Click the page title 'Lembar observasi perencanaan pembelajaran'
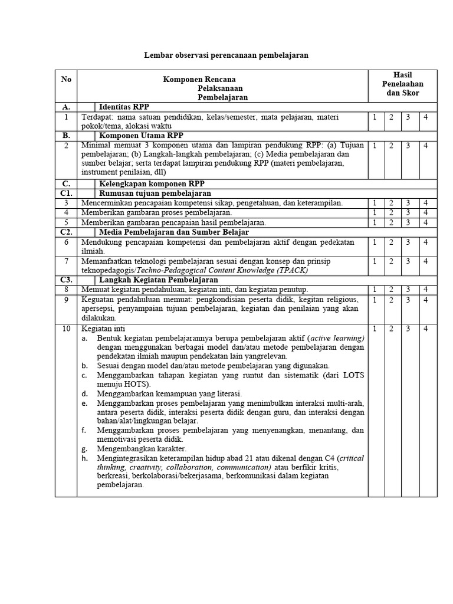coord(226,55)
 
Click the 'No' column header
coord(65,79)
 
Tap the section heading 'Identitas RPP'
coord(124,107)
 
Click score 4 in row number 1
coord(427,117)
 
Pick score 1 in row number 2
coord(375,145)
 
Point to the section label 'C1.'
coord(65,193)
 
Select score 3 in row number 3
coord(408,203)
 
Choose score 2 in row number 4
coord(391,212)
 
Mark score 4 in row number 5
coord(427,222)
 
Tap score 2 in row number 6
coord(391,242)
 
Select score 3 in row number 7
coord(408,261)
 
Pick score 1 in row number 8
coord(375,289)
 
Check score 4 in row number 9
coord(427,299)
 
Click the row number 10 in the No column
coord(65,328)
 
